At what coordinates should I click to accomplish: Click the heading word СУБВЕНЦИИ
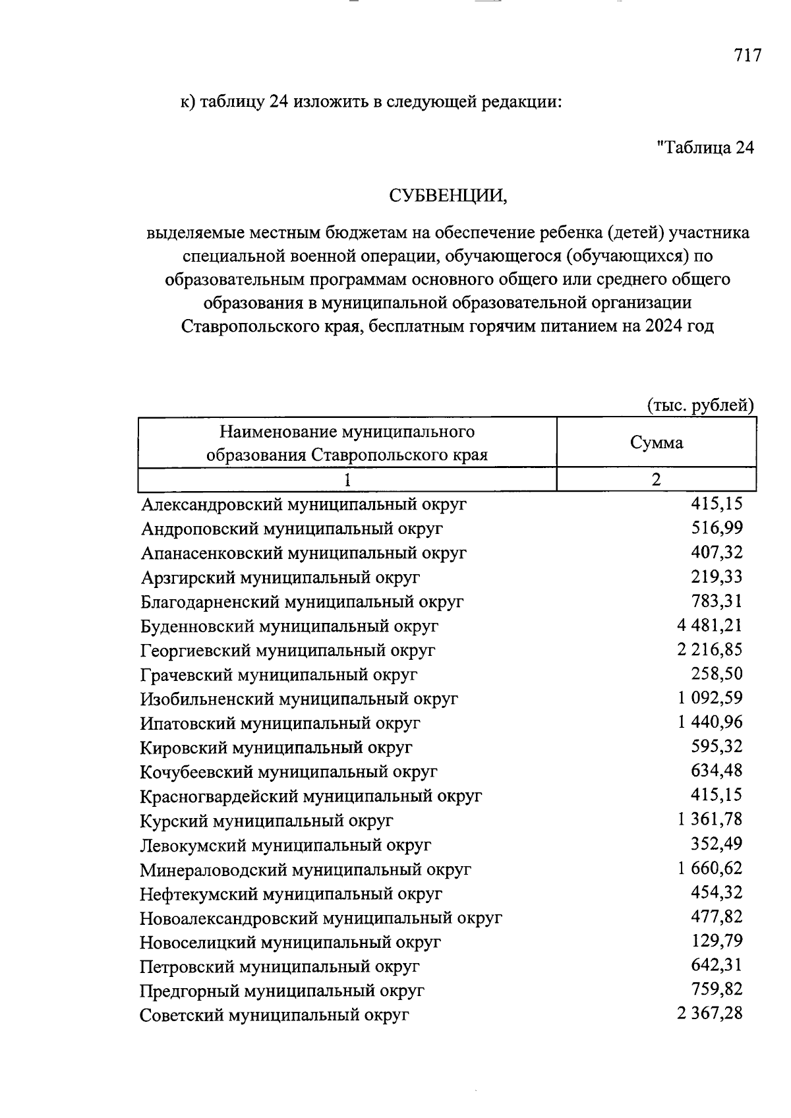(x=448, y=196)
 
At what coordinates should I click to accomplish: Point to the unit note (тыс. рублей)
(x=700, y=405)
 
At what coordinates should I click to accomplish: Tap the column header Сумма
(x=657, y=443)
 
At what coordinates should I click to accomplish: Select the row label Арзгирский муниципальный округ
(x=280, y=577)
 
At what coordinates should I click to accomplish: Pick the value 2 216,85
(x=709, y=649)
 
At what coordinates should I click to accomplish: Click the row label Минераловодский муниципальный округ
(x=305, y=869)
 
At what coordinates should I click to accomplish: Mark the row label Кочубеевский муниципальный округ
(x=289, y=772)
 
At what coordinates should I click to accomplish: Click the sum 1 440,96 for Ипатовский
(x=709, y=722)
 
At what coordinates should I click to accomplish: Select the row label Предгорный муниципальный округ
(x=282, y=991)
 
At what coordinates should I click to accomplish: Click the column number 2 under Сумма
(x=657, y=479)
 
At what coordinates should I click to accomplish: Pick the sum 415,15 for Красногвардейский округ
(x=717, y=794)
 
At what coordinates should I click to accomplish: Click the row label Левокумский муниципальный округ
(x=285, y=845)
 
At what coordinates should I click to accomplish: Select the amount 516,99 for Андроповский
(x=717, y=527)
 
